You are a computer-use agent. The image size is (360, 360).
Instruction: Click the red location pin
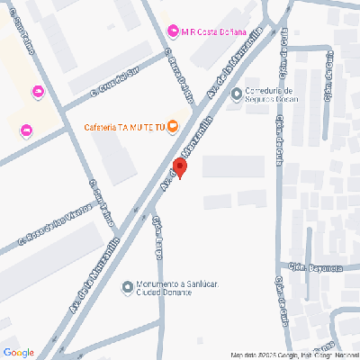(x=179, y=168)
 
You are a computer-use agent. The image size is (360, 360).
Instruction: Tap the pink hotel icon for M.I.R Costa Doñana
(x=174, y=31)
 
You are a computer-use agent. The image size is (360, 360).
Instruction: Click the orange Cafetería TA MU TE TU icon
(x=173, y=125)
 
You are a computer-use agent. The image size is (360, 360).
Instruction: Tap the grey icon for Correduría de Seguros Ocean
(x=236, y=94)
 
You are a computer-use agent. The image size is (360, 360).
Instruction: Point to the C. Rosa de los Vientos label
(x=55, y=229)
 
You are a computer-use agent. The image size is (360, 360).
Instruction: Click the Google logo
(x=19, y=352)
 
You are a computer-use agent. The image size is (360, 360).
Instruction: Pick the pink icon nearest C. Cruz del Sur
(x=37, y=92)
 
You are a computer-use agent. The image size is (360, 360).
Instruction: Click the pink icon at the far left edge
(x=25, y=130)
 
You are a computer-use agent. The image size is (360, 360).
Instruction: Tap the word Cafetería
(x=103, y=125)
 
